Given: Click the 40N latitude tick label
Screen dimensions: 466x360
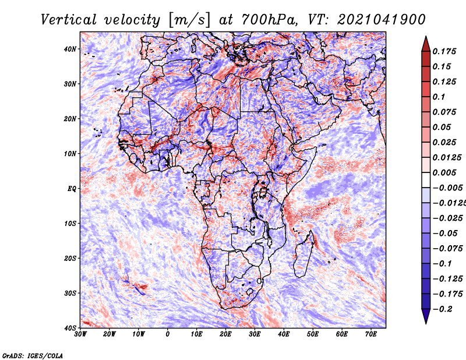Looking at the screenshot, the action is [x=70, y=49].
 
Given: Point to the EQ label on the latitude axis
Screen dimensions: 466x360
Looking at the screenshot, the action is [x=72, y=189].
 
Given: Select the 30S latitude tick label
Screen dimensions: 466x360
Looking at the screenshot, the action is [x=70, y=293].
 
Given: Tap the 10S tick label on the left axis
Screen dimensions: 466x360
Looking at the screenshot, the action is [x=70, y=223].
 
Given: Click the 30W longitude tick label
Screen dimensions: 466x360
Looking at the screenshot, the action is [x=80, y=334].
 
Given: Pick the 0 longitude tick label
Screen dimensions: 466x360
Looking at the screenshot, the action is [x=168, y=334].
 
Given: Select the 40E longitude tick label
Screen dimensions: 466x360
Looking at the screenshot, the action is [x=284, y=334].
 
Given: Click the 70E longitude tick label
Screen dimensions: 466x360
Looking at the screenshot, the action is [x=371, y=334].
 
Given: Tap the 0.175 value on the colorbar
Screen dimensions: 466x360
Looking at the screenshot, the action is [x=444, y=51].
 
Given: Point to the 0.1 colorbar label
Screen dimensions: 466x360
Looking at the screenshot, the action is [x=439, y=97].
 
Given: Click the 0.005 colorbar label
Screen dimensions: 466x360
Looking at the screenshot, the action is [x=444, y=172].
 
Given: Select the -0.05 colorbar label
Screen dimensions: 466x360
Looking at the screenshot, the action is [x=445, y=233].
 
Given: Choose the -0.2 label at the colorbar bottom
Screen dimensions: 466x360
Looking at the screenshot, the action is [x=442, y=309].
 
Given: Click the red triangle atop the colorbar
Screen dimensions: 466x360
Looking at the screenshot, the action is [x=426, y=44].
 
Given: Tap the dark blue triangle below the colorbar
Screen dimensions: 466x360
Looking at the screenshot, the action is [x=426, y=316].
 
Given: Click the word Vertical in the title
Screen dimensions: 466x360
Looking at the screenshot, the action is [x=69, y=20].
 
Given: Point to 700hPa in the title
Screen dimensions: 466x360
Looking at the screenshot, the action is [x=269, y=20].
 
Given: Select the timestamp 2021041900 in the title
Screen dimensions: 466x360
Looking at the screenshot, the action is [x=382, y=20].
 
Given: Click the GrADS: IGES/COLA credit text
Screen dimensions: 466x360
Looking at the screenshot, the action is [x=33, y=356].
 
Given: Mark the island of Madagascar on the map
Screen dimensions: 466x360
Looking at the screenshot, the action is [x=303, y=255].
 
